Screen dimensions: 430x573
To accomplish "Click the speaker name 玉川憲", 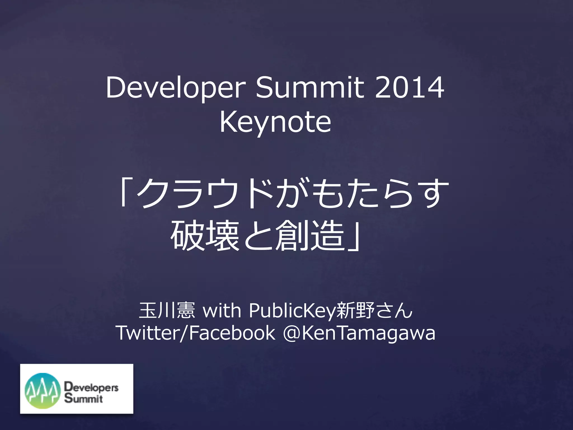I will coord(167,310).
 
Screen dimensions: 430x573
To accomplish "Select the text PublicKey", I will coord(292,311).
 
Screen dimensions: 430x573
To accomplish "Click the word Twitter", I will coord(148,333).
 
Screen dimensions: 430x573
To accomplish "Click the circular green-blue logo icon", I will coord(43,391).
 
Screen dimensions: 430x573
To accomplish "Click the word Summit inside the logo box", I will coord(84,398).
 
